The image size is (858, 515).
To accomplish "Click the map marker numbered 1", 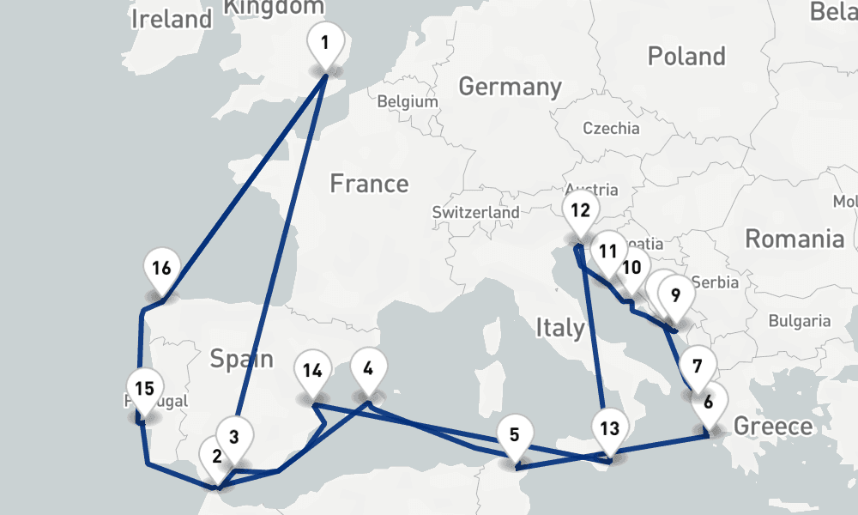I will click(x=324, y=43).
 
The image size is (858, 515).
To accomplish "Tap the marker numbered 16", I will click(x=161, y=269).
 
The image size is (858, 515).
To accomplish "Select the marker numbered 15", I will click(x=144, y=389).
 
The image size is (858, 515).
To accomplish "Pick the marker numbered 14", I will click(x=312, y=372).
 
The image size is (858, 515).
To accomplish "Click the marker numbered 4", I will click(x=368, y=370).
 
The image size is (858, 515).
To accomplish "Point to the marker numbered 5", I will click(x=514, y=435).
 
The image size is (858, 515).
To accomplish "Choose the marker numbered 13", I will click(x=609, y=428).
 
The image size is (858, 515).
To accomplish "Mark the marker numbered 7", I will click(x=698, y=367).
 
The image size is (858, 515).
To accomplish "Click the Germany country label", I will click(x=510, y=87).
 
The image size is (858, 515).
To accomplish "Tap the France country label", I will click(x=369, y=184).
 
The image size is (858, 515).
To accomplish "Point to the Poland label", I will click(x=686, y=57).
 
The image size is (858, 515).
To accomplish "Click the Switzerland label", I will click(x=475, y=212).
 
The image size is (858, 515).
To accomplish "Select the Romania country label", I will click(x=794, y=239).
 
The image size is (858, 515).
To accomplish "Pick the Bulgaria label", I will click(x=799, y=321).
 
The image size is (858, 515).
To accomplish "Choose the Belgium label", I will click(x=408, y=101).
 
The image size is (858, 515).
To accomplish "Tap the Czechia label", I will click(x=611, y=129).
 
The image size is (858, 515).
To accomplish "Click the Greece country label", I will click(x=772, y=427).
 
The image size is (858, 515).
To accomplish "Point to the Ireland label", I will click(x=171, y=19).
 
